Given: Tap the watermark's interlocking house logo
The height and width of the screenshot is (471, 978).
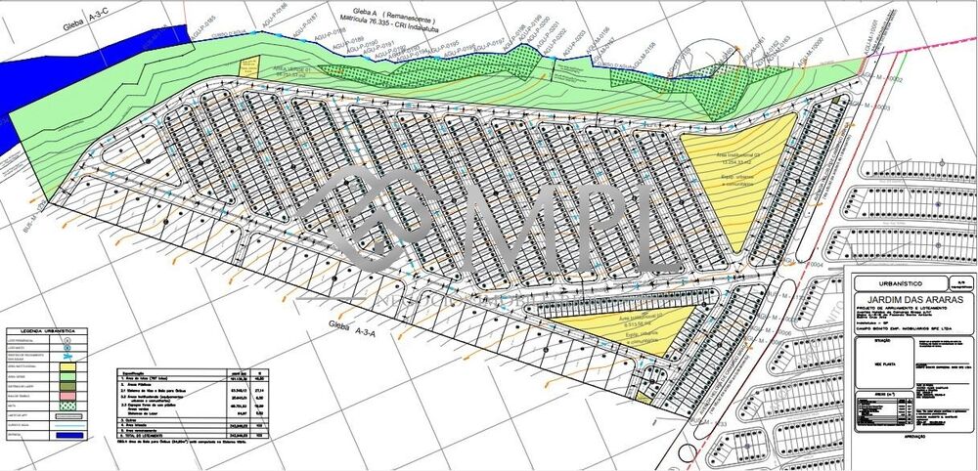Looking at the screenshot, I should click(x=377, y=215).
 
